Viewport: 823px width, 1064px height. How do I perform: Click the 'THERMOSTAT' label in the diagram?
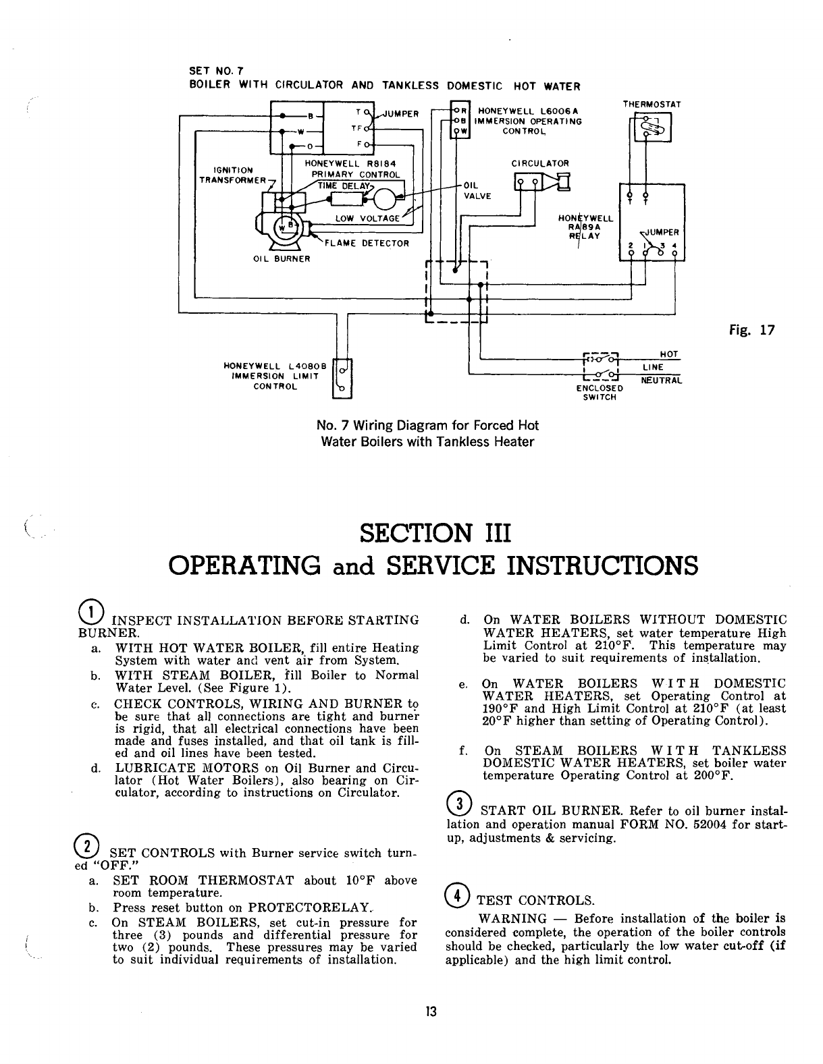[652, 105]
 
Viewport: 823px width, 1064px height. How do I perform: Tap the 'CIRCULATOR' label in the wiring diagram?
[540, 163]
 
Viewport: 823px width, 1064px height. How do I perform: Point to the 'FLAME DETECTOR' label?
[367, 243]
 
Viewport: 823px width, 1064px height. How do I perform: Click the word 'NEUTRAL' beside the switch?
[662, 381]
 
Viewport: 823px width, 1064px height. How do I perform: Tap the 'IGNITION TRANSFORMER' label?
[228, 175]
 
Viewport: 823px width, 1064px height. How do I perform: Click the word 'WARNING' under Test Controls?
[512, 919]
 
